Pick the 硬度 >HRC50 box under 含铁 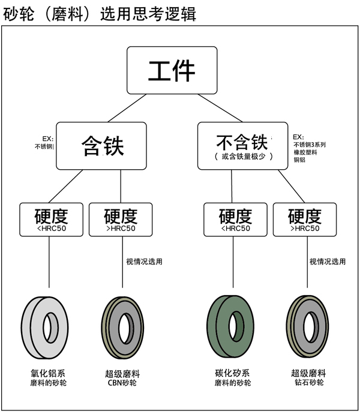point(121,220)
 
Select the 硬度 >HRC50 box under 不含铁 point(305,220)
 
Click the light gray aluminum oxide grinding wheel point(49,327)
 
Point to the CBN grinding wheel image point(122,327)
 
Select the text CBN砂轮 point(122,383)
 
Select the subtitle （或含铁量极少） point(243,157)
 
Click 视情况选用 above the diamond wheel point(328,262)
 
